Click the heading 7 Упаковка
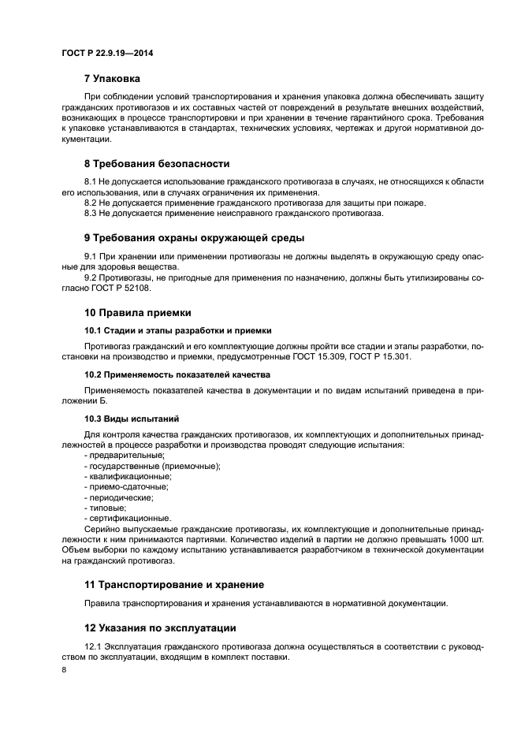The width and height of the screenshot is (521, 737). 112,79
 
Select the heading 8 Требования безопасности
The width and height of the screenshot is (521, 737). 156,164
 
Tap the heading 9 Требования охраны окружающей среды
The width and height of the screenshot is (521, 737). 194,237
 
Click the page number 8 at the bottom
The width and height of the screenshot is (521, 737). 64,669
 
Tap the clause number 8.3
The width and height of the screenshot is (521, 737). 90,213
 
